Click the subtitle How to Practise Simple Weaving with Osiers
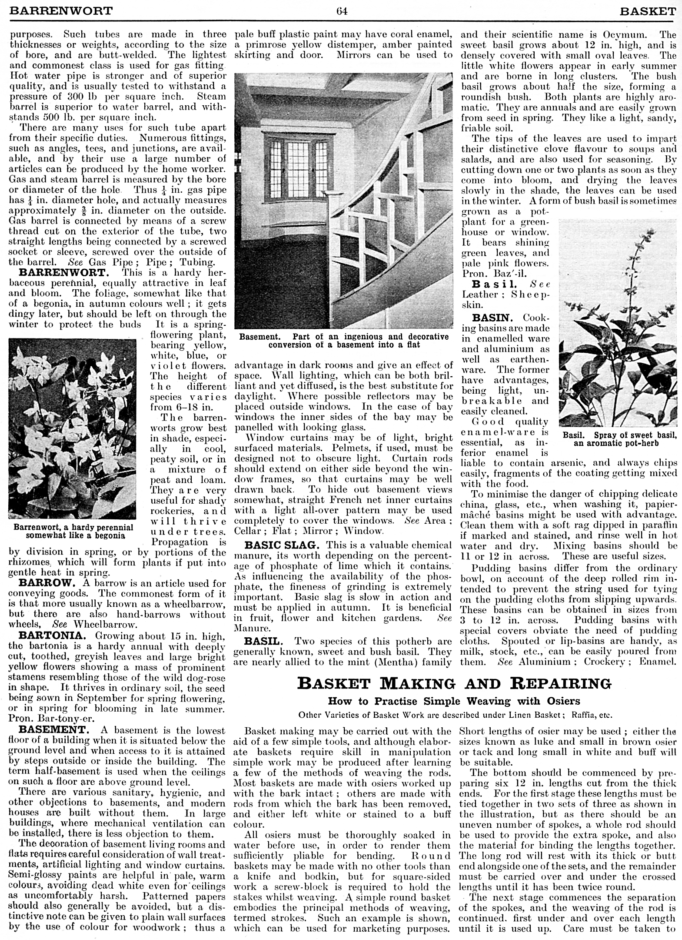(454, 701)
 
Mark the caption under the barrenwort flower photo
(73, 531)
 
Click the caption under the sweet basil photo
(619, 439)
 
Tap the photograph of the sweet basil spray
(618, 323)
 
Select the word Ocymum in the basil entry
(623, 34)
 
